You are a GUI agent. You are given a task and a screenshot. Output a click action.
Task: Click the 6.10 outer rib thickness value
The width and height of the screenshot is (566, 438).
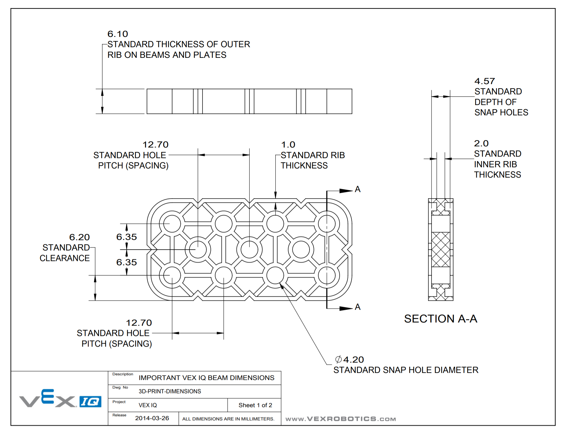pyautogui.click(x=118, y=34)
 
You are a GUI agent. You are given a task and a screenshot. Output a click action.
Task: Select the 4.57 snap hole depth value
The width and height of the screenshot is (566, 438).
pyautogui.click(x=484, y=81)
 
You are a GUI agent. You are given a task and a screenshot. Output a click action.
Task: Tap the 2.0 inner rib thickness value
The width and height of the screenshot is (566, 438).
pyautogui.click(x=481, y=143)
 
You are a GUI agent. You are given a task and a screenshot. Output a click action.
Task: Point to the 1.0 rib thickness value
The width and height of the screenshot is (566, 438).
pyautogui.click(x=288, y=145)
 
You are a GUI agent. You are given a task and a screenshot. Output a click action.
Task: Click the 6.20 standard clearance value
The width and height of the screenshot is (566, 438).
pyautogui.click(x=79, y=237)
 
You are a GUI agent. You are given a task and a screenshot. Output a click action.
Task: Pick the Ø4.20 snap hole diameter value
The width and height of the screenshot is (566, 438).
pyautogui.click(x=350, y=360)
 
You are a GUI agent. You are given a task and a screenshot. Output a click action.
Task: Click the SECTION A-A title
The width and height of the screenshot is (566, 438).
pyautogui.click(x=440, y=319)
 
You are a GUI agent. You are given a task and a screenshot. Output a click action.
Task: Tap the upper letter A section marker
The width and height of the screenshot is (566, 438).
pyautogui.click(x=358, y=189)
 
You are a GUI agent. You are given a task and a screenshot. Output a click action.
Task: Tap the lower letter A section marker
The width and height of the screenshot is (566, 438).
pyautogui.click(x=358, y=307)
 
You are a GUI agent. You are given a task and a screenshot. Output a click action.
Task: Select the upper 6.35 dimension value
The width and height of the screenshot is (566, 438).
pyautogui.click(x=126, y=237)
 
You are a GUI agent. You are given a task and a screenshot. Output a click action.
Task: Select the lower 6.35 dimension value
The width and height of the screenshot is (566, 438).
pyautogui.click(x=126, y=262)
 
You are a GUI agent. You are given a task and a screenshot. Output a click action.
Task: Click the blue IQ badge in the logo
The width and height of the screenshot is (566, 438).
pyautogui.click(x=90, y=401)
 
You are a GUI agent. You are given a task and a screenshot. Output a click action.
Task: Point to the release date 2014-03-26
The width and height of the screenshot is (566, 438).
pyautogui.click(x=152, y=418)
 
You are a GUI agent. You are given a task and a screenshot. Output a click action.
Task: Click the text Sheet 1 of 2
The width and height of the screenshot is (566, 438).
pyautogui.click(x=255, y=405)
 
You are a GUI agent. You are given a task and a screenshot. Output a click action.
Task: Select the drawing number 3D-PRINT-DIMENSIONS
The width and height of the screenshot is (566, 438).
pyautogui.click(x=170, y=391)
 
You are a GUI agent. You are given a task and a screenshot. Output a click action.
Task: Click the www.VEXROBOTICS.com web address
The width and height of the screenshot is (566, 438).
pyautogui.click(x=340, y=419)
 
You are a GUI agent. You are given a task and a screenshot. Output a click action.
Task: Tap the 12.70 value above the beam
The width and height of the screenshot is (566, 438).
pyautogui.click(x=155, y=145)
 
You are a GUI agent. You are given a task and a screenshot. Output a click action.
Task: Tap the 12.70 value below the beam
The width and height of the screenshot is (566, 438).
pyautogui.click(x=139, y=323)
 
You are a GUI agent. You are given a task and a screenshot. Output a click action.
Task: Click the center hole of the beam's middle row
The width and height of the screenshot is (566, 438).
pyautogui.click(x=249, y=250)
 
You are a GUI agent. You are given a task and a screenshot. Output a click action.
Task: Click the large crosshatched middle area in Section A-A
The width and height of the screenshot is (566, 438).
pyautogui.click(x=440, y=250)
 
